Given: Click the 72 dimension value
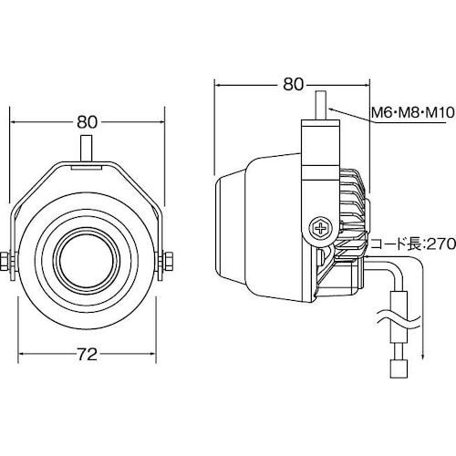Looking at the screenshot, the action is (x=88, y=354).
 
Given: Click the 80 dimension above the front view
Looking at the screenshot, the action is (x=88, y=122).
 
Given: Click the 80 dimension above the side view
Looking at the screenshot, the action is (x=294, y=84).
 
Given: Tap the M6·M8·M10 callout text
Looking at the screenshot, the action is (x=413, y=113).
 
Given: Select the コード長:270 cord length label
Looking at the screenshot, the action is (x=414, y=244).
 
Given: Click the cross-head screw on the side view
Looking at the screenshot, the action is (x=320, y=228).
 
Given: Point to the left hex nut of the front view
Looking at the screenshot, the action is (x=5, y=261).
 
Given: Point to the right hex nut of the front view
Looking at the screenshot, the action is (x=169, y=261).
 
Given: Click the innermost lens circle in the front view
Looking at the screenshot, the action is (x=88, y=261).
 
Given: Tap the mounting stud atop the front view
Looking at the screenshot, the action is (x=87, y=149).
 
